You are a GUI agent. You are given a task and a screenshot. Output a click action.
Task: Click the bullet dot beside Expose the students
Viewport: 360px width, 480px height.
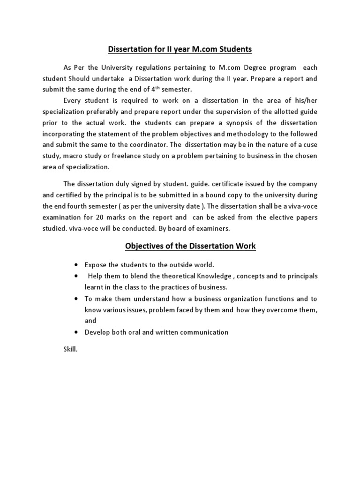pyautogui.click(x=76, y=265)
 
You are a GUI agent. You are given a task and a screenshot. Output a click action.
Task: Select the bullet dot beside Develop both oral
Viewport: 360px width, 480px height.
pyautogui.click(x=76, y=332)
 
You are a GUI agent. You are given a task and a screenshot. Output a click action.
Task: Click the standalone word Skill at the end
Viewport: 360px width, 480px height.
pyautogui.click(x=70, y=349)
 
